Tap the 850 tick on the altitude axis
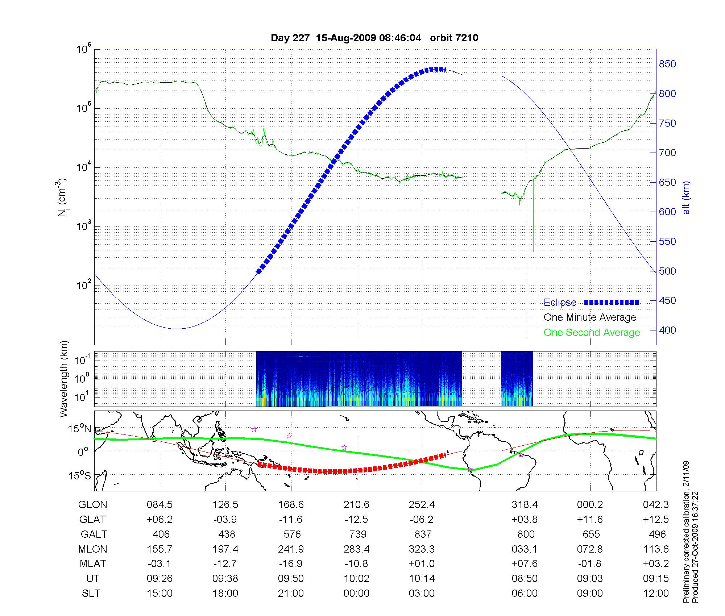tap(667, 64)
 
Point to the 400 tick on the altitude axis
tap(667, 330)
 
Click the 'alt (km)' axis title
tap(686, 197)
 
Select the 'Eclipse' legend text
tap(560, 303)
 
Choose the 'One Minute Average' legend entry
tap(590, 317)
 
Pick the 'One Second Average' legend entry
tap(592, 333)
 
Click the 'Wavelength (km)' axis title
tap(64, 379)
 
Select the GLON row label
tap(93, 505)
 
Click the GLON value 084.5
tap(159, 505)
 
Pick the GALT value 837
tap(423, 534)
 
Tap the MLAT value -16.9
tap(291, 564)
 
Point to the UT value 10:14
tap(422, 579)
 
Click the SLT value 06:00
tap(524, 594)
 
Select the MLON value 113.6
tap(655, 549)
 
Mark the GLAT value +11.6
tap(590, 520)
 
